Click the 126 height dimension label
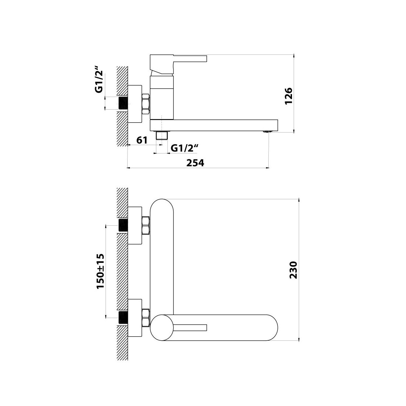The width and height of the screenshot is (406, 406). click(x=289, y=96)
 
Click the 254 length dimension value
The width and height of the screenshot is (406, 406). click(x=195, y=163)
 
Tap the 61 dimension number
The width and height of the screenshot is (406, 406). click(x=142, y=140)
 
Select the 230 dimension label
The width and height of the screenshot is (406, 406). click(x=293, y=270)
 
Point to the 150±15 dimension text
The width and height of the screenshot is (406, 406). click(x=100, y=271)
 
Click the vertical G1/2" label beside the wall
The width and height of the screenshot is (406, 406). click(x=99, y=80)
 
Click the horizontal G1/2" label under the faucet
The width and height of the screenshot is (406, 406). click(x=185, y=148)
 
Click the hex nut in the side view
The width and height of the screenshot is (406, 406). click(x=146, y=104)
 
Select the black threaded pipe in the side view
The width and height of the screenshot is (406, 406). click(x=124, y=103)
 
